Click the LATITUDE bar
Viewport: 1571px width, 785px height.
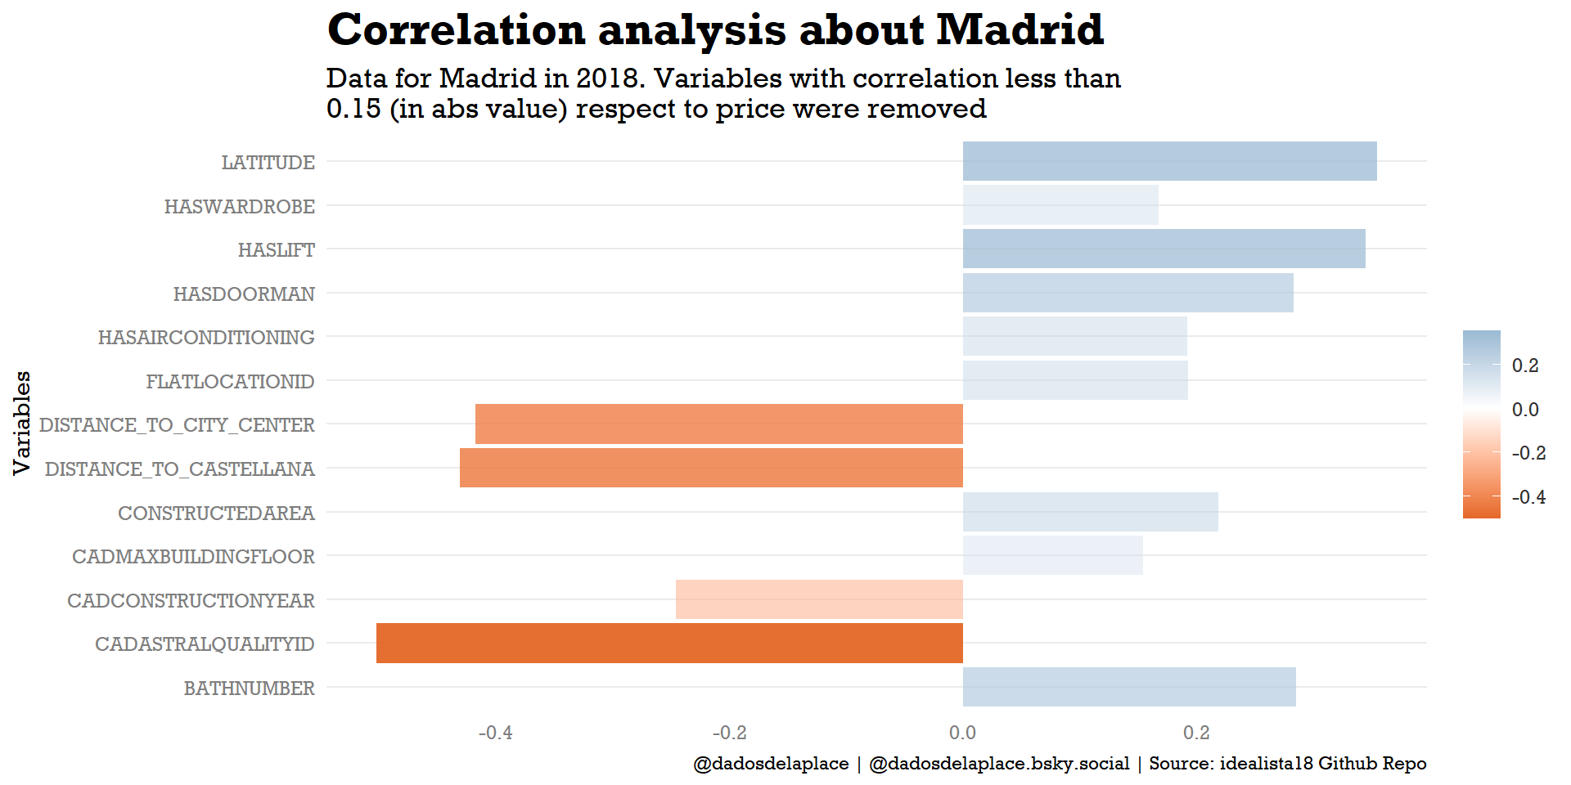pyautogui.click(x=1169, y=161)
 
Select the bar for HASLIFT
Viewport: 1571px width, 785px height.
pyautogui.click(x=1164, y=249)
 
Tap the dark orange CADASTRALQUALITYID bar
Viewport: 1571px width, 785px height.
pyautogui.click(x=669, y=643)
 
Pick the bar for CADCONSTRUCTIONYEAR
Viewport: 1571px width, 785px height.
pyautogui.click(x=819, y=599)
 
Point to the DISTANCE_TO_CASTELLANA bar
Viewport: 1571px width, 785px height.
pyautogui.click(x=711, y=468)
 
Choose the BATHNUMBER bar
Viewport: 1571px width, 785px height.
pyautogui.click(x=1129, y=687)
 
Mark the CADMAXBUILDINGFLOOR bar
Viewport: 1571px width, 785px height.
pyautogui.click(x=1052, y=555)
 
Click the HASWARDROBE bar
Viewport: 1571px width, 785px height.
pyautogui.click(x=1060, y=204)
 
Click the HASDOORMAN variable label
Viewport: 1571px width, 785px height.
pyautogui.click(x=244, y=294)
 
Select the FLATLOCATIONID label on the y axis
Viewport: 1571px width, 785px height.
pyautogui.click(x=230, y=381)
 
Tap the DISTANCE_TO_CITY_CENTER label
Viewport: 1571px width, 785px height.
pyautogui.click(x=177, y=425)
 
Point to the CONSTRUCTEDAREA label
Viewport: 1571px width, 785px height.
pyautogui.click(x=216, y=513)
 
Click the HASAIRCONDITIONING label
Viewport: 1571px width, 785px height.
pyautogui.click(x=206, y=337)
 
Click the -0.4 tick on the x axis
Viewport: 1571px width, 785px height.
pyautogui.click(x=495, y=733)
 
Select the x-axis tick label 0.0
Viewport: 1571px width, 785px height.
pyautogui.click(x=962, y=733)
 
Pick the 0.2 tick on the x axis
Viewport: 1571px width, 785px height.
pyautogui.click(x=1196, y=733)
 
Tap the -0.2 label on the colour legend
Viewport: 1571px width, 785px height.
pyautogui.click(x=1528, y=453)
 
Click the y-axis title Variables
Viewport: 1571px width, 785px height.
pyautogui.click(x=22, y=423)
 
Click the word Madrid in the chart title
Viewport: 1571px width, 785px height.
pyautogui.click(x=1020, y=30)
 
